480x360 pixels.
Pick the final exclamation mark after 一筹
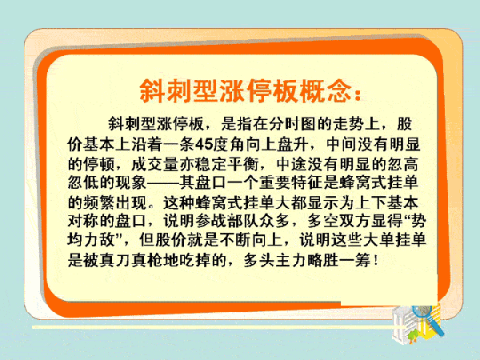coord(375,261)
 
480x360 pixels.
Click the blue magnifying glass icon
coord(428,318)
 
